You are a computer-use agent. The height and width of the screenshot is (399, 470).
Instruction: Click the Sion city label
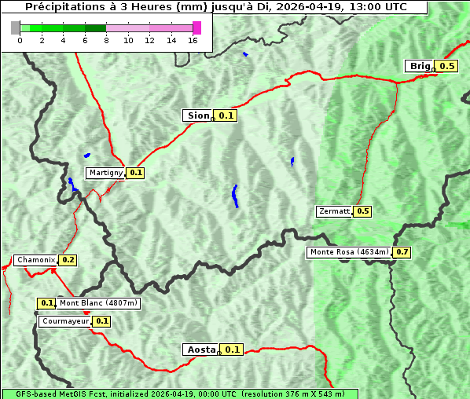coord(197,115)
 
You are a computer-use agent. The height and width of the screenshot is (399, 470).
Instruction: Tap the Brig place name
coord(420,66)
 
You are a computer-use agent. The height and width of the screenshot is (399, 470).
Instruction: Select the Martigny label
coord(105,173)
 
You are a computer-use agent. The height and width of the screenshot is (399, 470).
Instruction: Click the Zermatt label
coord(334,211)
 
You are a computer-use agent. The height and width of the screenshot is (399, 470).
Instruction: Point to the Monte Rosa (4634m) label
coord(349,252)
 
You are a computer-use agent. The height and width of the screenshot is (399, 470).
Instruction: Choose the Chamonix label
coord(35,260)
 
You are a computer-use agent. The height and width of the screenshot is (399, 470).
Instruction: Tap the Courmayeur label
coord(64,321)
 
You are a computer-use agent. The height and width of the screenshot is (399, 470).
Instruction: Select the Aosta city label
coord(200,350)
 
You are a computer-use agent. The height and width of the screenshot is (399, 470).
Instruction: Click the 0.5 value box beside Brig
coord(447,66)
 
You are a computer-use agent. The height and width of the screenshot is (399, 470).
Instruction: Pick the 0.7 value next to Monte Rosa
coord(402,252)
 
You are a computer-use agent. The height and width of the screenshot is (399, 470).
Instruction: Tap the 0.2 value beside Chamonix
coord(68,260)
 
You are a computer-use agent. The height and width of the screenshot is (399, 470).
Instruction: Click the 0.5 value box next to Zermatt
coord(362,211)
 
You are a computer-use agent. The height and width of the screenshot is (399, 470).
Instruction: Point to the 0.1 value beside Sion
coord(226,115)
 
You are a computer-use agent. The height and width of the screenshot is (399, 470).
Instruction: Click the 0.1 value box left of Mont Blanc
coord(46,302)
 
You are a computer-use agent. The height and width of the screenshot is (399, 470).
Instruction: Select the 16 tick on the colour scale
coord(193,41)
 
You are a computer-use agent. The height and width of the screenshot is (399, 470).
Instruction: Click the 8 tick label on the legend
coord(106,41)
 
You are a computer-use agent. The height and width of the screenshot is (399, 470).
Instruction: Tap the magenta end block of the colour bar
coord(196,27)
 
